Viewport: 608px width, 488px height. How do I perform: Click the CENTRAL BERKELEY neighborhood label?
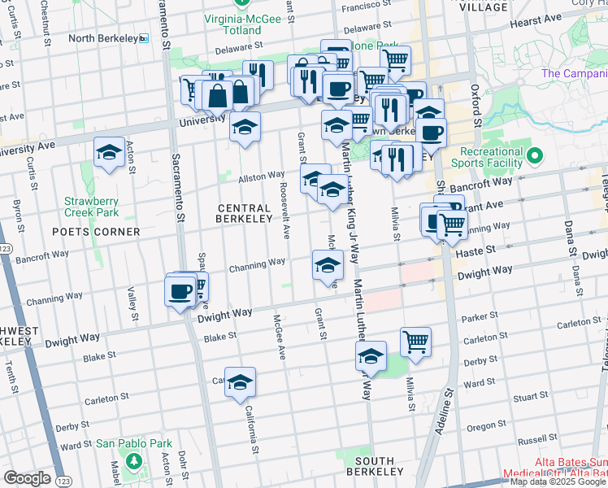(x=245, y=213)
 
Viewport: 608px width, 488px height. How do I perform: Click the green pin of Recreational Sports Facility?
(x=534, y=155)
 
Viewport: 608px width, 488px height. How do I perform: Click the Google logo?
(x=27, y=478)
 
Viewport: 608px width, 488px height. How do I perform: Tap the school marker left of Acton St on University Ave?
(x=109, y=153)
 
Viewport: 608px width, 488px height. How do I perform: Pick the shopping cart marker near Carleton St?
(x=415, y=342)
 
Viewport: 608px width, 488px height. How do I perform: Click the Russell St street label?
(x=537, y=440)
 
